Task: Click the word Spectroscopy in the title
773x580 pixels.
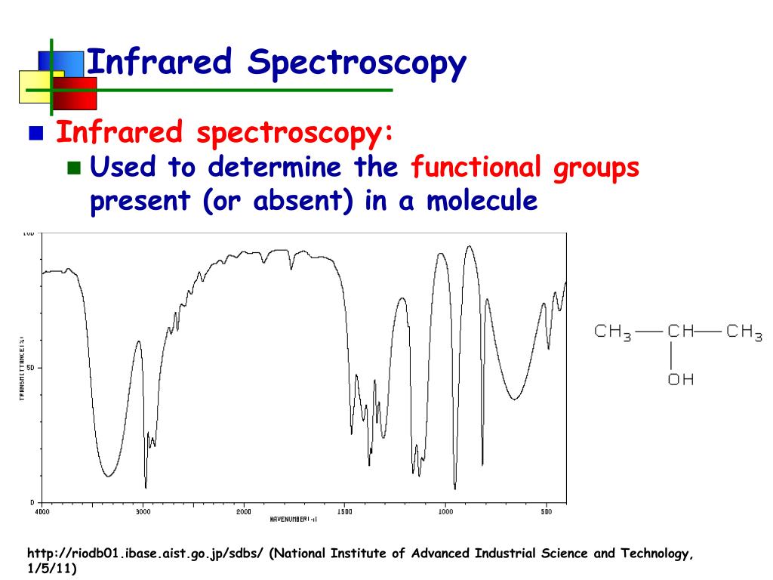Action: pos(357,63)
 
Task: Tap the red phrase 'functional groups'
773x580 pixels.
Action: pos(525,167)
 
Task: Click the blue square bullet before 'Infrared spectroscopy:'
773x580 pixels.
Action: pos(35,135)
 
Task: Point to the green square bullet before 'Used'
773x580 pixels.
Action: pos(73,168)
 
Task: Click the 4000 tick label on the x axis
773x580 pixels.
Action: pos(42,511)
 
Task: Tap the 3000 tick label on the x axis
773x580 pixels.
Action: pos(143,511)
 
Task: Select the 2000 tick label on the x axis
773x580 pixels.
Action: pos(243,511)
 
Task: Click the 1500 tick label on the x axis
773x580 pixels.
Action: pos(343,511)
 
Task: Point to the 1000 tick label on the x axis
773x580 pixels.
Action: pos(445,511)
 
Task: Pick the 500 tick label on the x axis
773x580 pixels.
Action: pos(545,511)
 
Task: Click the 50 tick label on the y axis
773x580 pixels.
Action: pos(29,368)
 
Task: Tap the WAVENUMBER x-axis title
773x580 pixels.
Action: pos(294,520)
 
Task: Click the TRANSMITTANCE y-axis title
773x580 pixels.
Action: pos(22,368)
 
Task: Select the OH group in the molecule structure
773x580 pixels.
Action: pos(680,379)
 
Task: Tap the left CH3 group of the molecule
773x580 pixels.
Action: pos(612,332)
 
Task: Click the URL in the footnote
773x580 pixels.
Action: pos(145,554)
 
